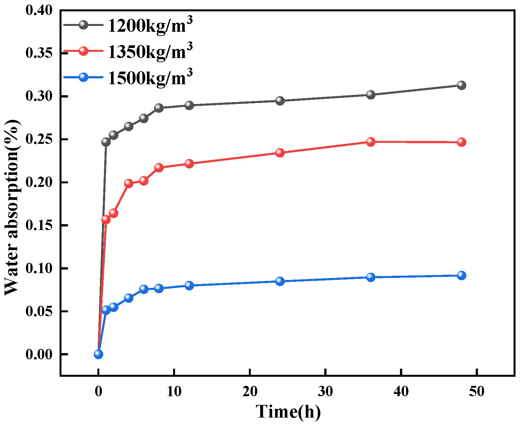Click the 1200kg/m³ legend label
(x=150, y=25)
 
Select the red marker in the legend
(x=83, y=51)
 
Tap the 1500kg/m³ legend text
(x=150, y=78)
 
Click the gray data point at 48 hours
(x=461, y=86)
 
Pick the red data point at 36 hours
(x=371, y=142)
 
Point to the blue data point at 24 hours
(x=280, y=281)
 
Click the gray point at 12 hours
(x=189, y=105)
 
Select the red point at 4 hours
(x=128, y=183)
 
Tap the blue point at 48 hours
(x=461, y=276)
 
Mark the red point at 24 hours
(x=280, y=153)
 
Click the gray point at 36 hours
(x=371, y=95)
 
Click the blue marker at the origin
(x=98, y=354)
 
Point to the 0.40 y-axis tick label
(x=39, y=10)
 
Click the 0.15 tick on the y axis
(x=39, y=225)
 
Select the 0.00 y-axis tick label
(x=39, y=354)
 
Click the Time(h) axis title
(x=288, y=412)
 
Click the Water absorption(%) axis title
(x=12, y=207)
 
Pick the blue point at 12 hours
(x=189, y=285)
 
